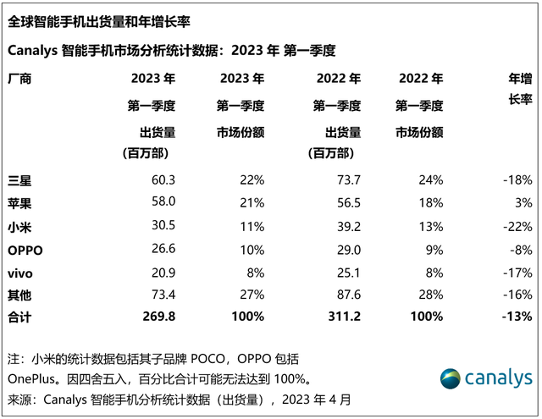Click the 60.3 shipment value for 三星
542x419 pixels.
tap(163, 179)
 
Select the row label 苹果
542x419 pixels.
tap(19, 202)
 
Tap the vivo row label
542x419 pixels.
tap(20, 271)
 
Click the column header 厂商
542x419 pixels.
tap(19, 79)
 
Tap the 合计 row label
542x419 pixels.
tap(19, 317)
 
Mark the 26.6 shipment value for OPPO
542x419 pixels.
tap(163, 248)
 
